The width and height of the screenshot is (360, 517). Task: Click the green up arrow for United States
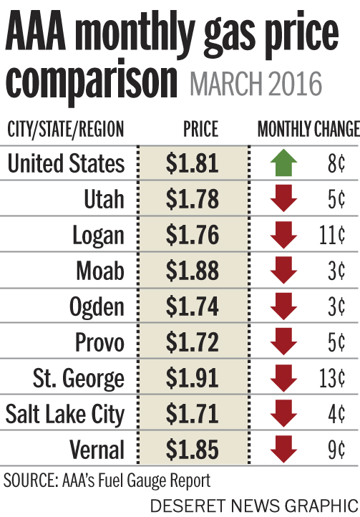tap(285, 164)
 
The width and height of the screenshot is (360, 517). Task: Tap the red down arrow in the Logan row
tap(285, 236)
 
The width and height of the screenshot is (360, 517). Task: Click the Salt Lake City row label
tap(65, 413)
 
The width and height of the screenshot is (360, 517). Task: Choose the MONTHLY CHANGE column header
tap(308, 130)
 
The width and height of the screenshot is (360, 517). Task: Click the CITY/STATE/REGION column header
tap(65, 130)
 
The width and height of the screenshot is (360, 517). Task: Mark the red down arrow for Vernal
tap(285, 450)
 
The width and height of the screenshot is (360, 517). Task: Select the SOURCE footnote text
tap(107, 478)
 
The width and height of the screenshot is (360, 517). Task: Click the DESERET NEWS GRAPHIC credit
tap(254, 504)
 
